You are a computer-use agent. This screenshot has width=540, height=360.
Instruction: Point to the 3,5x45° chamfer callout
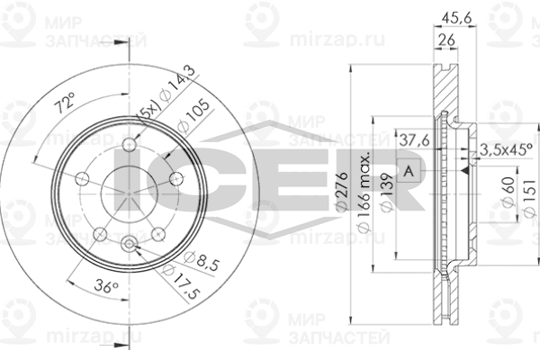coord(508,149)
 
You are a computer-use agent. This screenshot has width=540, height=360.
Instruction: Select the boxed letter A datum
coord(409,171)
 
